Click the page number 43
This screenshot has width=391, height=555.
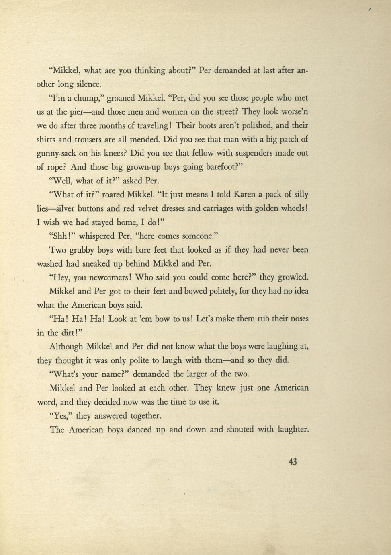[293, 462]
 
